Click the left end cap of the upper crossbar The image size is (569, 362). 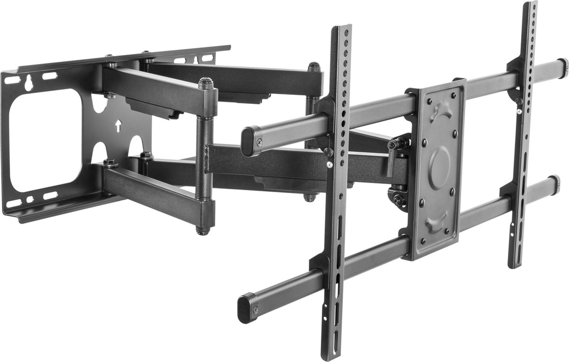[249, 141]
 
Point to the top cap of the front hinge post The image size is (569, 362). [205, 84]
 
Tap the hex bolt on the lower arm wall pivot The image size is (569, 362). [110, 164]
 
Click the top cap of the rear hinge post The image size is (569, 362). [313, 66]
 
